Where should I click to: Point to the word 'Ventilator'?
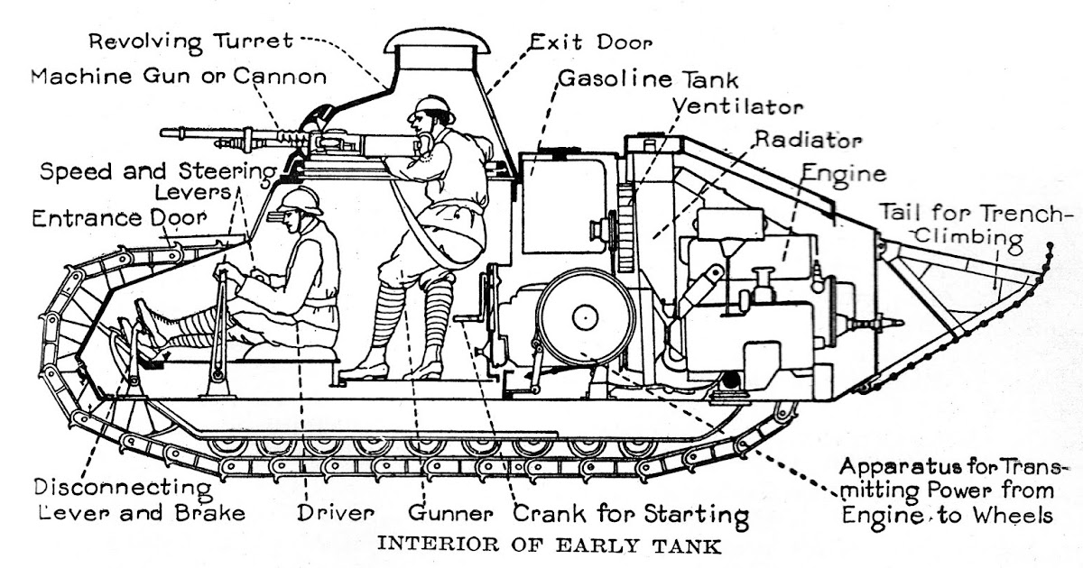[737, 106]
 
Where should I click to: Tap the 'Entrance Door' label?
[118, 218]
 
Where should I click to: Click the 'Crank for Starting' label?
[631, 515]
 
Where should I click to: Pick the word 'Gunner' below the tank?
[450, 515]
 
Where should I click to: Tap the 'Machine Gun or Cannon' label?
[179, 76]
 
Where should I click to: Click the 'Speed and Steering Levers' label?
[159, 181]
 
